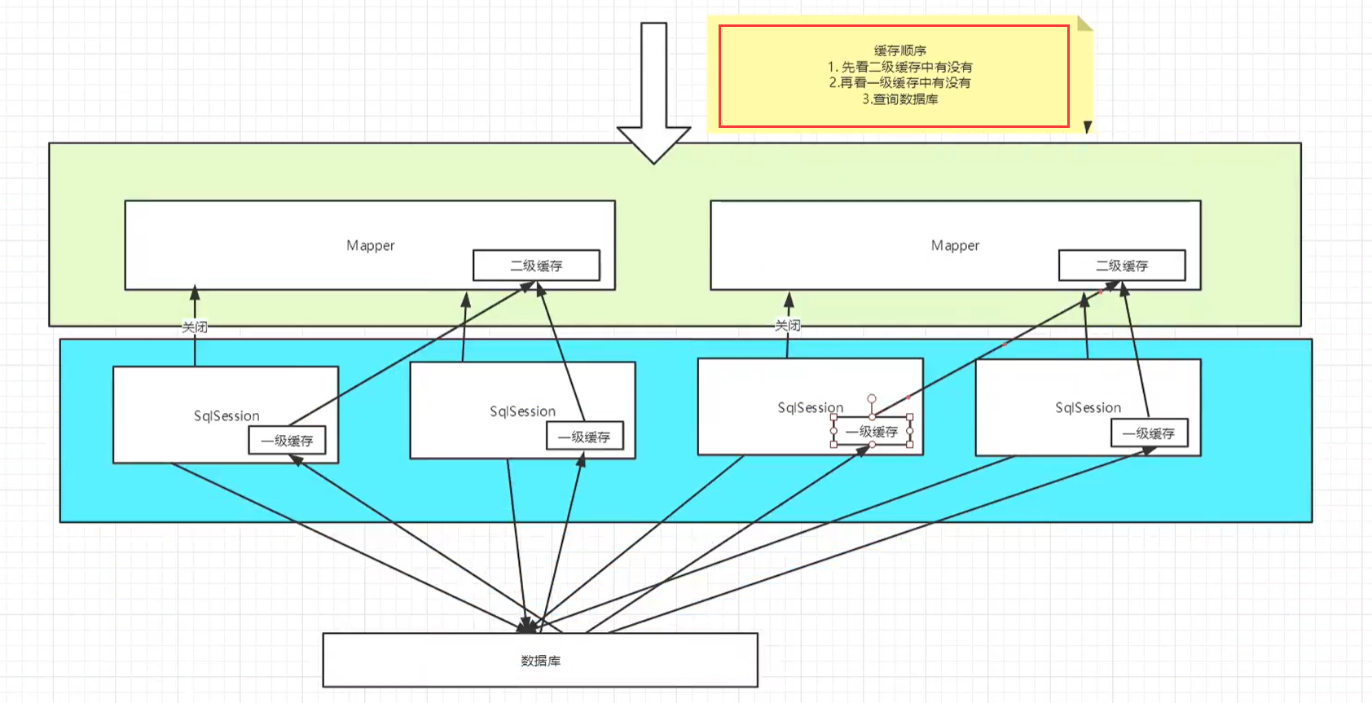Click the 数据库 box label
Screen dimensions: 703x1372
pyautogui.click(x=540, y=661)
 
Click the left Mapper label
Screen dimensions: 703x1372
pyautogui.click(x=370, y=245)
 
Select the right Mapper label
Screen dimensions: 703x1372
pyautogui.click(x=955, y=245)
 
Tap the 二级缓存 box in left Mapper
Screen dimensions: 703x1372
pyautogui.click(x=536, y=266)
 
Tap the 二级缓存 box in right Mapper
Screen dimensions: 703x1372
pyautogui.click(x=1121, y=266)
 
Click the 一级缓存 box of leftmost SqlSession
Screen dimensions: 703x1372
pyautogui.click(x=287, y=441)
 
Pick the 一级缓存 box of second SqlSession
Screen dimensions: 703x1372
pyautogui.click(x=584, y=437)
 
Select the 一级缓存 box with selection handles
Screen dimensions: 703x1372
pyautogui.click(x=872, y=432)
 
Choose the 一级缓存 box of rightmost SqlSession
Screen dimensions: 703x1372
pyautogui.click(x=1149, y=433)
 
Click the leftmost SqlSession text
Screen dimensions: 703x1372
pyautogui.click(x=226, y=415)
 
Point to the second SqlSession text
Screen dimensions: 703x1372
pyautogui.click(x=522, y=411)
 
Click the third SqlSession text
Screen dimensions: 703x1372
pyautogui.click(x=810, y=407)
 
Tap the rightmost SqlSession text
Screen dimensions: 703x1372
pyautogui.click(x=1088, y=407)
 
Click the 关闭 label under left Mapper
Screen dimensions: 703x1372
pyautogui.click(x=195, y=327)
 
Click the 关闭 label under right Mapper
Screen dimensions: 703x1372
pyautogui.click(x=787, y=325)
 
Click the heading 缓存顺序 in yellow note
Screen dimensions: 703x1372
pyautogui.click(x=899, y=51)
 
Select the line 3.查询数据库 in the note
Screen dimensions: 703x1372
pyautogui.click(x=899, y=99)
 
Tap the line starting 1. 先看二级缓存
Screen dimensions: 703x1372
pyautogui.click(x=899, y=67)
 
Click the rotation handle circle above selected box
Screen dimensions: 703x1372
pyautogui.click(x=872, y=399)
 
